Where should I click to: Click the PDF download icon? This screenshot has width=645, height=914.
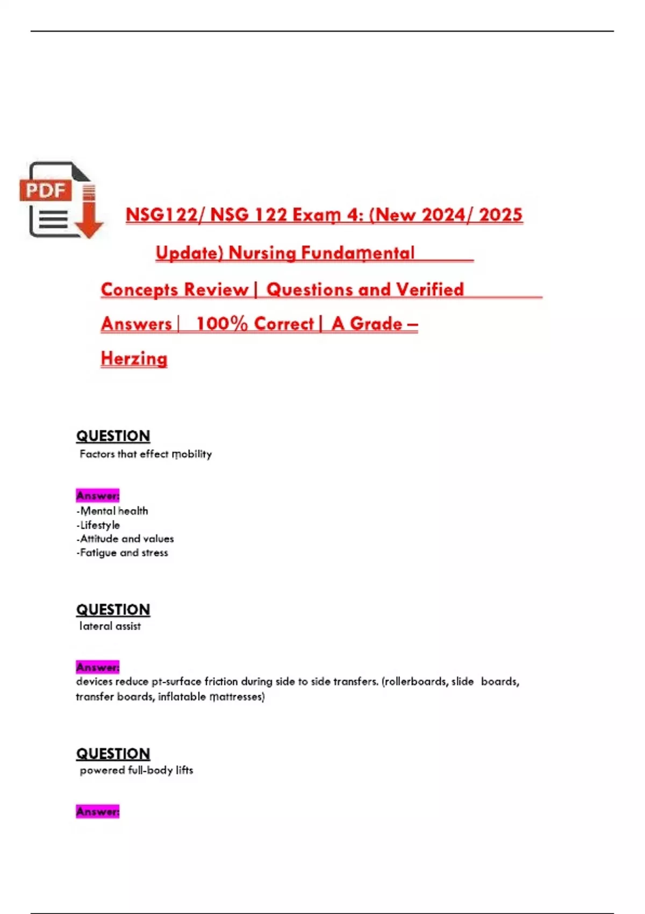pyautogui.click(x=61, y=200)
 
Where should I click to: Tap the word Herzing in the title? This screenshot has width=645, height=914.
pyautogui.click(x=134, y=359)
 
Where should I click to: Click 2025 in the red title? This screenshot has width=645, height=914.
pyautogui.click(x=500, y=215)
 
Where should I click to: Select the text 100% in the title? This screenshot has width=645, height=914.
pyautogui.click(x=221, y=324)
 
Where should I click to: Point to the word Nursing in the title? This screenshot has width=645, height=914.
pyautogui.click(x=262, y=253)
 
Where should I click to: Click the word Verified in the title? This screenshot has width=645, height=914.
pyautogui.click(x=429, y=289)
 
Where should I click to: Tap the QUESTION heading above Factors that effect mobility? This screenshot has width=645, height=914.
pyautogui.click(x=113, y=436)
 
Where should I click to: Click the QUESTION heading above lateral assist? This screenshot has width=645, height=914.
pyautogui.click(x=113, y=610)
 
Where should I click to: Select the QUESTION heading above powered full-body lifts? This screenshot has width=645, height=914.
pyautogui.click(x=113, y=754)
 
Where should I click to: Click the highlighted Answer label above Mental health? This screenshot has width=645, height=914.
pyautogui.click(x=98, y=495)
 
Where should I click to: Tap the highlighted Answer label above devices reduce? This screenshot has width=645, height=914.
pyautogui.click(x=98, y=667)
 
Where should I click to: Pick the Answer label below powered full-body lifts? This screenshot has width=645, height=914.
pyautogui.click(x=98, y=811)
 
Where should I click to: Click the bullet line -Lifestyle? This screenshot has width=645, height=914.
pyautogui.click(x=98, y=525)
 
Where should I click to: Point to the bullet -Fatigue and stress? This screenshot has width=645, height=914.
pyautogui.click(x=123, y=553)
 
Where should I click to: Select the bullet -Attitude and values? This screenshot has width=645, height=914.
pyautogui.click(x=125, y=539)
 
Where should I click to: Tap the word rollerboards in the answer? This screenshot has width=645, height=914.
pyautogui.click(x=414, y=682)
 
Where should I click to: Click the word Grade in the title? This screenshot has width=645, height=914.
pyautogui.click(x=376, y=324)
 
